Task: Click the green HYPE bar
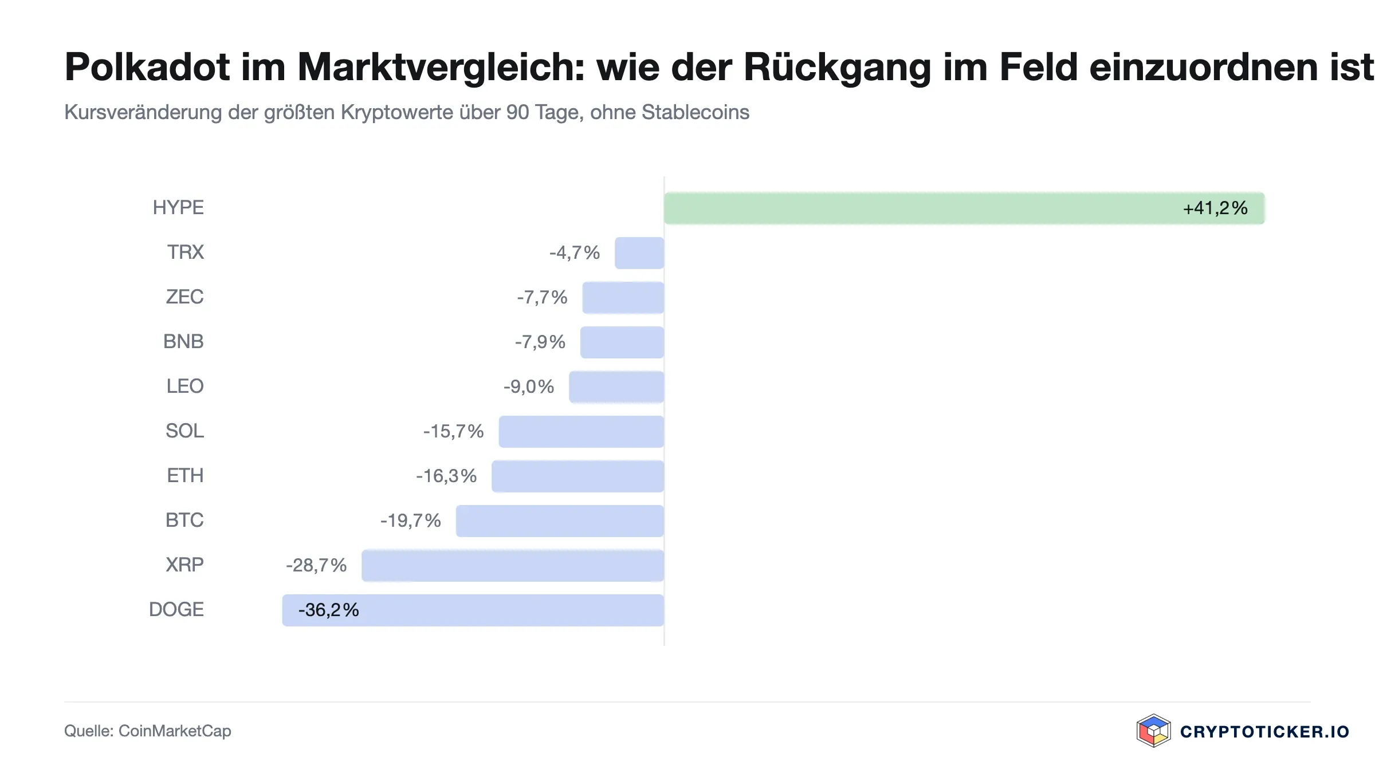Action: coord(964,208)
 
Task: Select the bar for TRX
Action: coord(639,253)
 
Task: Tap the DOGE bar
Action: coord(473,610)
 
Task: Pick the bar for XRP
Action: coord(513,565)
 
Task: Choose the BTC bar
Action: coord(560,520)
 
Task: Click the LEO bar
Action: coord(616,386)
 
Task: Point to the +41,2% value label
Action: coord(1215,208)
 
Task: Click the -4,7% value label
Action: coord(575,253)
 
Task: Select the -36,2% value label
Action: coord(329,610)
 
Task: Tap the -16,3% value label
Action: coord(446,476)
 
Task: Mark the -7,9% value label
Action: coord(540,342)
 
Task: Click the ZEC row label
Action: coord(184,297)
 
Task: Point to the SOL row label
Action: coord(184,431)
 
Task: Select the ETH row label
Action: coord(185,475)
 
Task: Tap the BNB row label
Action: coord(183,341)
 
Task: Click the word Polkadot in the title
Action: coord(147,67)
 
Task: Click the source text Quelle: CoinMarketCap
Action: coord(148,731)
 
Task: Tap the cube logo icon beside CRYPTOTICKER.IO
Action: coord(1153,731)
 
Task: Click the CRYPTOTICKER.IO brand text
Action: coord(1264,731)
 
